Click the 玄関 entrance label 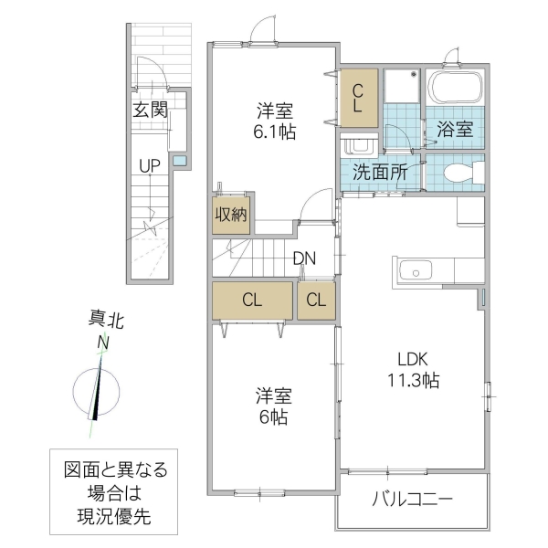point(150,111)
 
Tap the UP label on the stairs point(150,165)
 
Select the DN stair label point(304,258)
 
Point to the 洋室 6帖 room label point(273,406)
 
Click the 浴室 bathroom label point(455,129)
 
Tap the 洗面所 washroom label point(374,171)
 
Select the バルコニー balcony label point(413,501)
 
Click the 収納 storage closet point(231,216)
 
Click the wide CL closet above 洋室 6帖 point(253,300)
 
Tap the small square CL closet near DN point(315,300)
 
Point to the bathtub point(455,90)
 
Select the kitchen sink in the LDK point(416,270)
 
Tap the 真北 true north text point(105,320)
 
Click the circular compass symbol point(98,388)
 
